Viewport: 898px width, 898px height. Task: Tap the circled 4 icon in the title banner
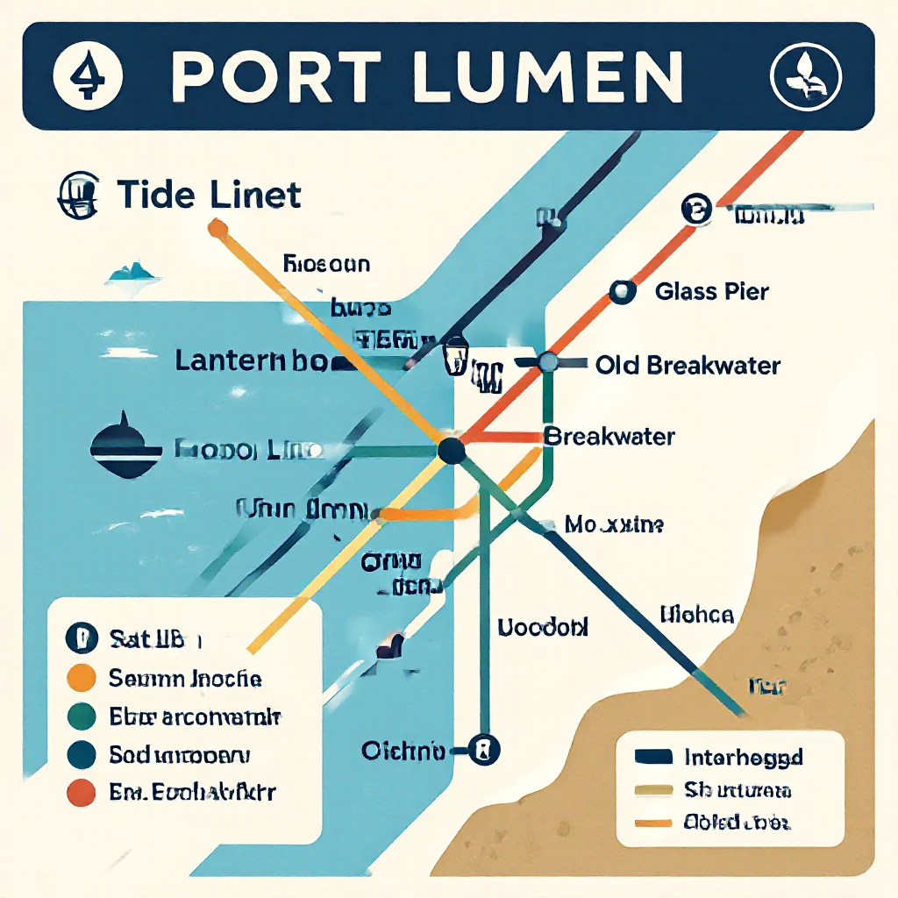pyautogui.click(x=84, y=75)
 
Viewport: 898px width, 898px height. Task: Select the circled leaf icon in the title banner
pyautogui.click(x=805, y=76)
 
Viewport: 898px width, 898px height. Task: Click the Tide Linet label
pyautogui.click(x=209, y=194)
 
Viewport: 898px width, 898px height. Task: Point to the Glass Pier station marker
pyautogui.click(x=622, y=292)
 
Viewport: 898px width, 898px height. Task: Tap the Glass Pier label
pyautogui.click(x=711, y=291)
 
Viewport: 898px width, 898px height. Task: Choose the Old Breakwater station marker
pyautogui.click(x=549, y=361)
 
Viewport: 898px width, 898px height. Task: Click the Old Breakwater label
pyautogui.click(x=688, y=365)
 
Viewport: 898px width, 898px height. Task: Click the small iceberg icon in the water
pyautogui.click(x=133, y=274)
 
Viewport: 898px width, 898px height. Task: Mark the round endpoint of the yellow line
pyautogui.click(x=217, y=230)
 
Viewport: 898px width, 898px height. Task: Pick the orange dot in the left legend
pyautogui.click(x=81, y=678)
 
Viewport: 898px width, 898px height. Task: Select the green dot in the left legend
pyautogui.click(x=81, y=716)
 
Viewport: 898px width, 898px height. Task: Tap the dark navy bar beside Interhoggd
pyautogui.click(x=652, y=757)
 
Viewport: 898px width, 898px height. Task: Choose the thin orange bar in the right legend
pyautogui.click(x=652, y=823)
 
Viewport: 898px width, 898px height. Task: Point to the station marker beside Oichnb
pyautogui.click(x=483, y=750)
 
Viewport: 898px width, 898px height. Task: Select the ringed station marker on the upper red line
pyautogui.click(x=696, y=210)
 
